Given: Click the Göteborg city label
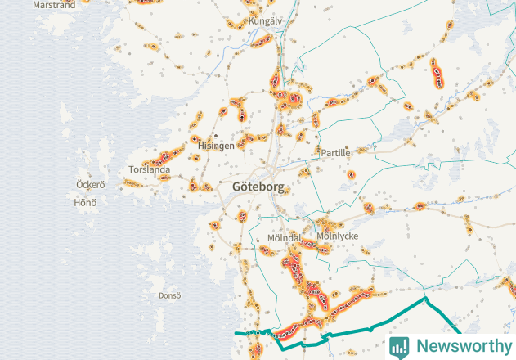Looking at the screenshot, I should [x=258, y=187].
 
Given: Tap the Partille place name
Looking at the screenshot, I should [x=335, y=152].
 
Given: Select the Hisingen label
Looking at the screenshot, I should [x=216, y=145].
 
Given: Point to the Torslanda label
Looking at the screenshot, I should [x=149, y=170].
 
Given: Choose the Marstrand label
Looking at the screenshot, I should [x=54, y=5].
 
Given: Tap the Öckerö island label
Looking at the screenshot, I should [x=90, y=184].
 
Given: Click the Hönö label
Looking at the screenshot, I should [x=85, y=202].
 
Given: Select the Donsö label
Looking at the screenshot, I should [x=169, y=295].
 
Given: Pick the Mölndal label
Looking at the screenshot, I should [x=284, y=238].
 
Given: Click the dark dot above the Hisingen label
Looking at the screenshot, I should [x=216, y=136].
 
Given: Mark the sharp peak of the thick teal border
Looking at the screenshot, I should [x=424, y=299].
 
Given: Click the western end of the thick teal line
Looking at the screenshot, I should [x=236, y=334].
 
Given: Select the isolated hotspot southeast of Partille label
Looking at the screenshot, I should [x=352, y=174].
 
